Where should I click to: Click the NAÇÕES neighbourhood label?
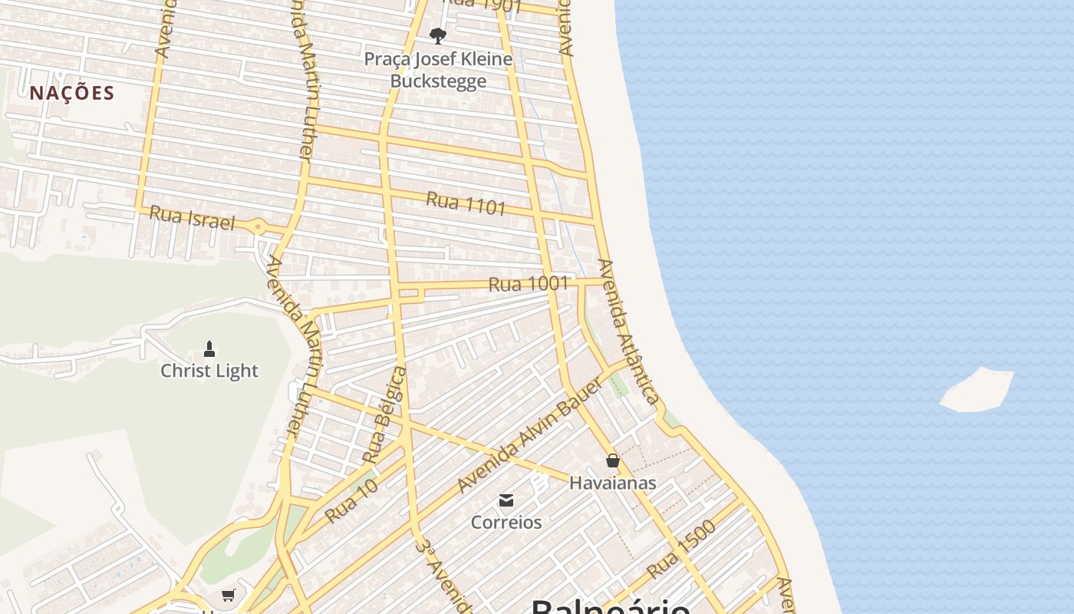(72, 93)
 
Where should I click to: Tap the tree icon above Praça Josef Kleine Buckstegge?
(438, 35)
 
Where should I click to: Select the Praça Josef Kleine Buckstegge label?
(438, 70)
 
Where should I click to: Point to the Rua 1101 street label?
(466, 203)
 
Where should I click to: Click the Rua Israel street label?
(191, 217)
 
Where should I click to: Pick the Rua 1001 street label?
(528, 284)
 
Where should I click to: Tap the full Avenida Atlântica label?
(628, 331)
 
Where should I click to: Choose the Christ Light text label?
(209, 371)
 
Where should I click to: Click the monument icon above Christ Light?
(209, 349)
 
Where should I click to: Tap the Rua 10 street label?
(351, 500)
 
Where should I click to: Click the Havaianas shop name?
(612, 483)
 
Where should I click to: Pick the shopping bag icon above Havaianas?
(612, 460)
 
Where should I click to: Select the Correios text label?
(506, 522)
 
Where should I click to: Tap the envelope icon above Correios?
(506, 500)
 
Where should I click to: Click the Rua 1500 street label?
(681, 550)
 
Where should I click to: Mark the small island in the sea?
(977, 391)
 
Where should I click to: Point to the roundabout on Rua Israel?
(259, 227)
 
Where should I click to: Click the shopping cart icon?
(228, 595)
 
